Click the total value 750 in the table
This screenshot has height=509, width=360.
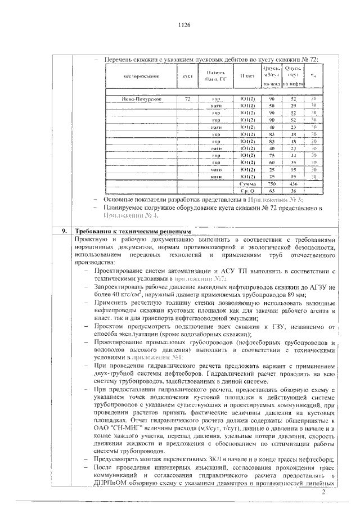(x=272, y=184)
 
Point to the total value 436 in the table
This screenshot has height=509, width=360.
(x=293, y=184)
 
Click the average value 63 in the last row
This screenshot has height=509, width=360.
(x=272, y=191)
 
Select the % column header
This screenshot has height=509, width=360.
(x=314, y=75)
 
